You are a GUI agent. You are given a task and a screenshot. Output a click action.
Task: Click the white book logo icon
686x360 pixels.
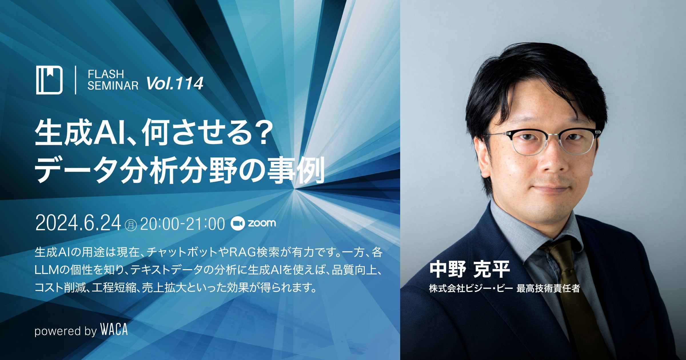[x=49, y=80]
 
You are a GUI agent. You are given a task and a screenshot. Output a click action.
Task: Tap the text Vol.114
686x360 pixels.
[x=175, y=83]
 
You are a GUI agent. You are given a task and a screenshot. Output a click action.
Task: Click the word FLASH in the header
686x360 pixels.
[x=106, y=74]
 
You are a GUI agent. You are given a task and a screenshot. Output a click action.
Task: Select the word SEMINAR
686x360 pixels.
[x=113, y=85]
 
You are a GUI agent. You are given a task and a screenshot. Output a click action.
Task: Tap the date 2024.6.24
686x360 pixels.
[x=78, y=223]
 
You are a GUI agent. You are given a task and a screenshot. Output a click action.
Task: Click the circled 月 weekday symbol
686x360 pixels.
[x=131, y=225]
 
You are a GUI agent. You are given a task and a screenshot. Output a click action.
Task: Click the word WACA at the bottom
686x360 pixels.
[x=114, y=329]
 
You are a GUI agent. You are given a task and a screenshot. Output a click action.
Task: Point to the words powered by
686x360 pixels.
[x=66, y=331]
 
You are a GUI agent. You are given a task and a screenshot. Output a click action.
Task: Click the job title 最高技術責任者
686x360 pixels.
[x=548, y=288]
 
